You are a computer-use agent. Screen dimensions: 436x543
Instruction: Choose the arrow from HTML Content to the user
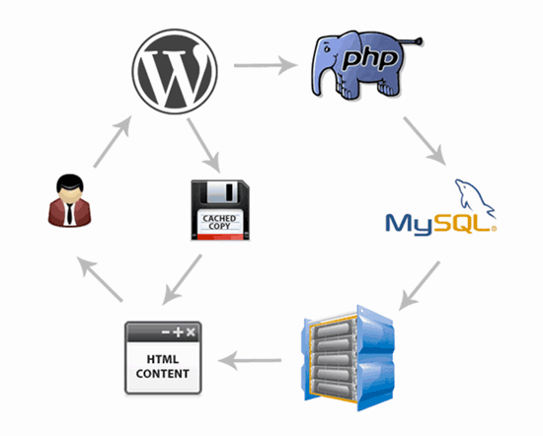103,282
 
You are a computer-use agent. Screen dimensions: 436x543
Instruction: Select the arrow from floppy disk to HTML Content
184,278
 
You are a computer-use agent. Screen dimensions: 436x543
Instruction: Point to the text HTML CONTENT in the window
162,363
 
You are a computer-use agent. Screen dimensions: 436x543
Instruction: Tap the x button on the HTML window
191,330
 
